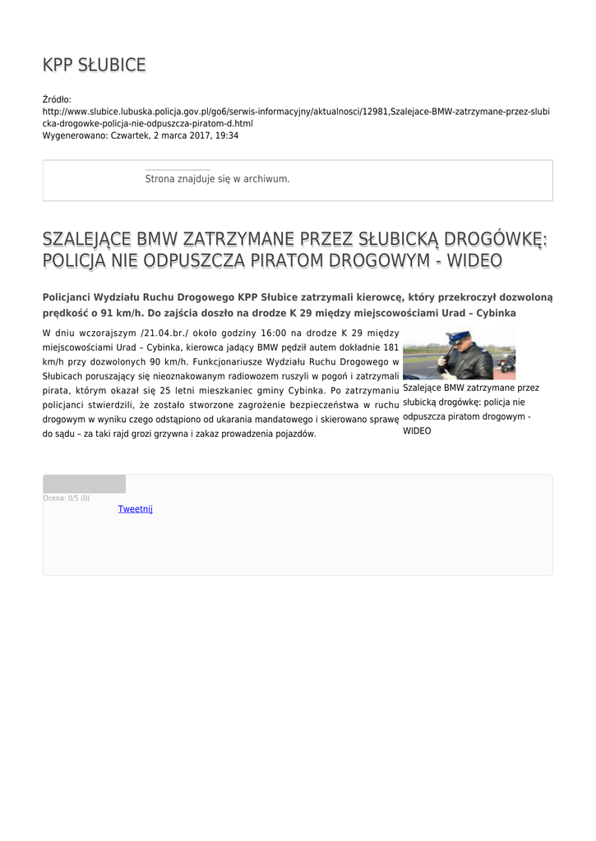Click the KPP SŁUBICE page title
coord(94,65)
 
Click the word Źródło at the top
coord(57,99)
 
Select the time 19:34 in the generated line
coord(228,136)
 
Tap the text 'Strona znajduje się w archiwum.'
coord(217,178)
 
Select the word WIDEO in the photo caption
coord(416,430)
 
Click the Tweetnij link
coord(136,509)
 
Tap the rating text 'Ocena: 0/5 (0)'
coord(67,499)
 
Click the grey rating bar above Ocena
coord(84,484)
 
